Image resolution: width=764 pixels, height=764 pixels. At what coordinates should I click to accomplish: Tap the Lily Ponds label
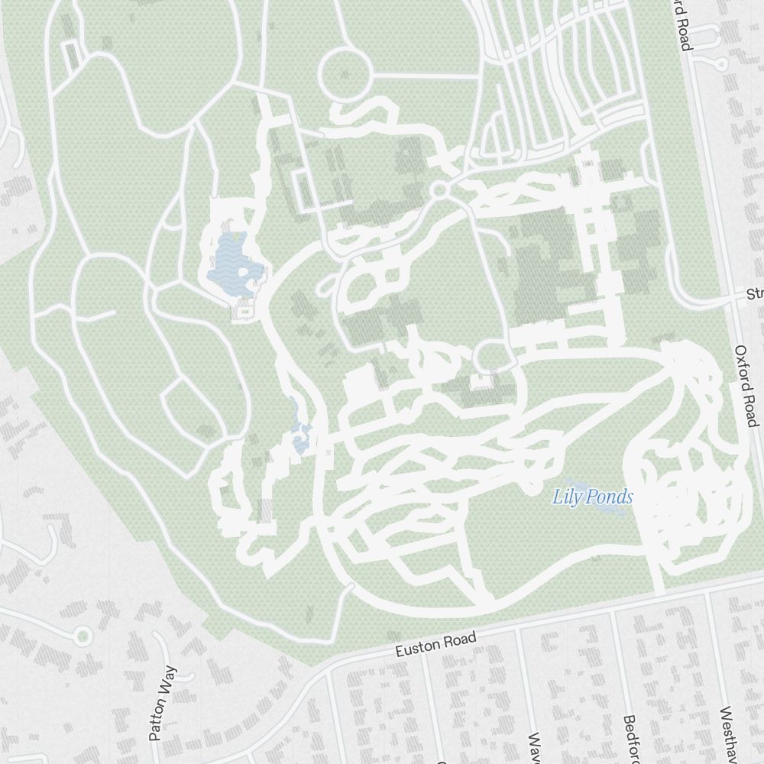pyautogui.click(x=593, y=497)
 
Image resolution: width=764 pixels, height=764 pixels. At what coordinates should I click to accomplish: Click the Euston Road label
pyautogui.click(x=435, y=645)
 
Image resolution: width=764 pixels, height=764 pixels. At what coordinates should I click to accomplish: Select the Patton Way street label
pyautogui.click(x=163, y=704)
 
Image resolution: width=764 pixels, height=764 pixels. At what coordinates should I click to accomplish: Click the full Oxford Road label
pyautogui.click(x=746, y=386)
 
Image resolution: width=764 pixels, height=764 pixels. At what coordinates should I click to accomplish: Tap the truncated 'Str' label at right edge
pyautogui.click(x=755, y=294)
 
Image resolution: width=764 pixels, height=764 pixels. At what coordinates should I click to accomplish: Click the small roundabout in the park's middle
pyautogui.click(x=439, y=189)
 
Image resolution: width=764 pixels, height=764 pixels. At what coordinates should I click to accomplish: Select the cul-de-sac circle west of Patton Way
pyautogui.click(x=83, y=636)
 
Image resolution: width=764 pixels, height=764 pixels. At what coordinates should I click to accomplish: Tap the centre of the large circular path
pyautogui.click(x=344, y=73)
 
